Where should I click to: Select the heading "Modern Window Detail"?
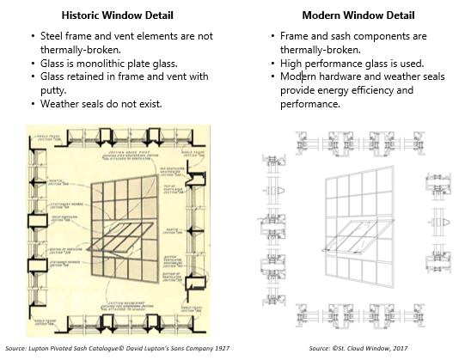(347, 15)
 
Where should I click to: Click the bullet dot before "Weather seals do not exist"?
(32, 104)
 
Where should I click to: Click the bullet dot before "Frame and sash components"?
(272, 37)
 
